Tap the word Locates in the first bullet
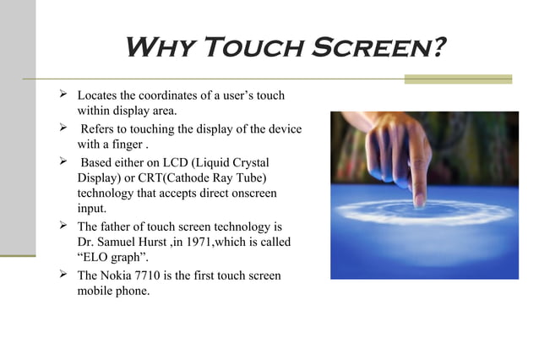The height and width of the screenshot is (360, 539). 97,95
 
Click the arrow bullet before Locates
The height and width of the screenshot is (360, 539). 62,95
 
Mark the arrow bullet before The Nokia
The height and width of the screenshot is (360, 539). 62,275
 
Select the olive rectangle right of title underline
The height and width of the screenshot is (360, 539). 457,79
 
